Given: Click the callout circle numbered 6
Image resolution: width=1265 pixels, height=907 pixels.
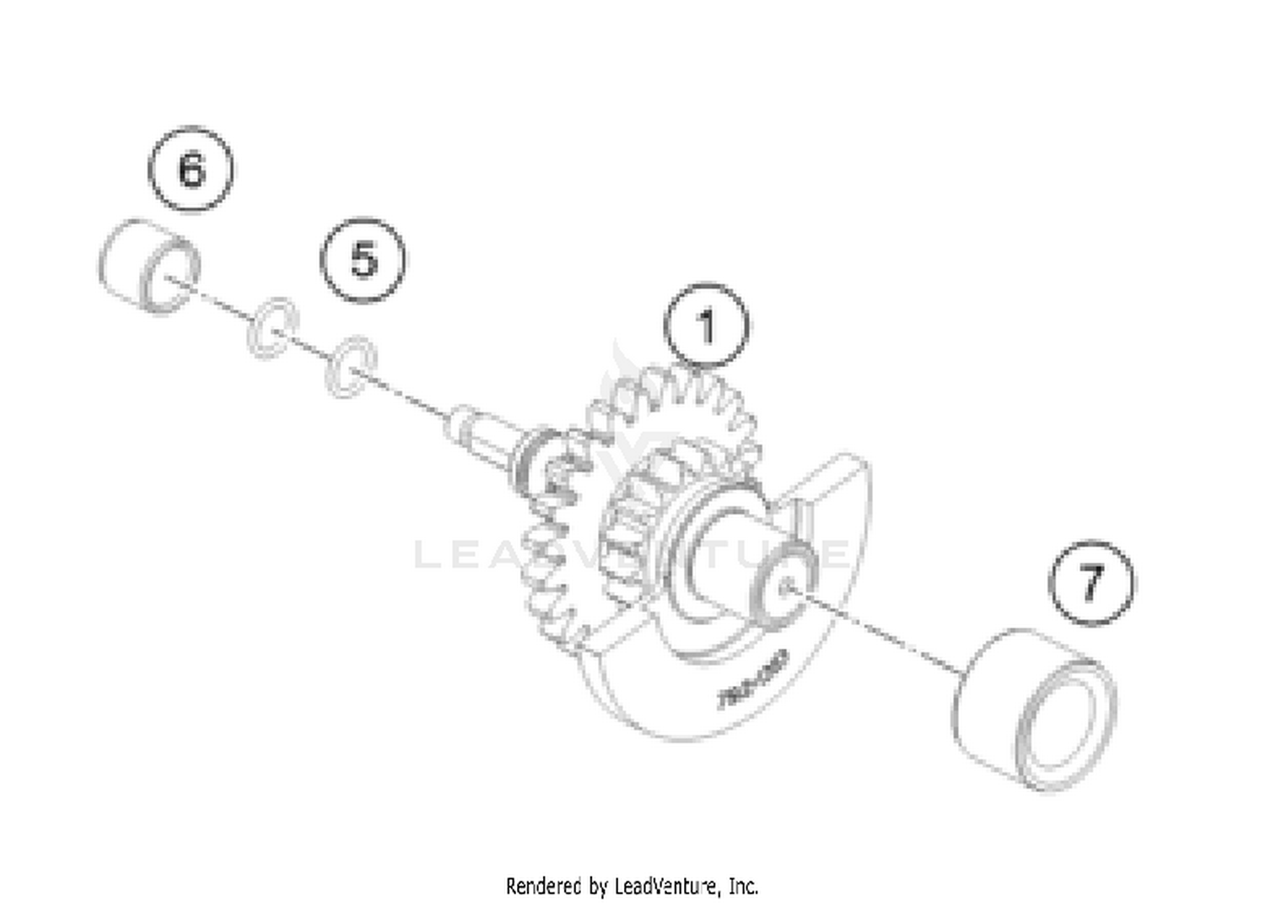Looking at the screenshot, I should (191, 169).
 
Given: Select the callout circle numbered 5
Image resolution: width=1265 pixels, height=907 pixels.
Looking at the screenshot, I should (363, 259).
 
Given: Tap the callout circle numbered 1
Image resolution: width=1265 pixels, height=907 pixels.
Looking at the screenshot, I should (707, 326).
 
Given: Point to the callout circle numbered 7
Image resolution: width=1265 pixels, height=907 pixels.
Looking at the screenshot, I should (1091, 582).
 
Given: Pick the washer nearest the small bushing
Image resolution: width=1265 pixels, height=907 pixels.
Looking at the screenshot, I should (272, 327).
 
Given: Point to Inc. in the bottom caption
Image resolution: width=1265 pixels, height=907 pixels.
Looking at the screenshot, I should (742, 886).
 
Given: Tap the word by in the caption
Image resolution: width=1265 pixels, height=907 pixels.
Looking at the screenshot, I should (598, 886).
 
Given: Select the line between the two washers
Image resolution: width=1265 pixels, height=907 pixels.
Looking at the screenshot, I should (312, 347).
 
